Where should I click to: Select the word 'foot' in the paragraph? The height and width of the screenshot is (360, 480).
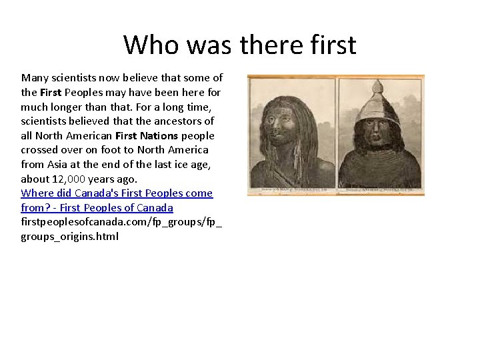(112, 150)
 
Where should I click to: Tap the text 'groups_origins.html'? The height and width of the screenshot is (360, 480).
(69, 237)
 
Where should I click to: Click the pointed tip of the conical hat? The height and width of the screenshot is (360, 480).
(379, 84)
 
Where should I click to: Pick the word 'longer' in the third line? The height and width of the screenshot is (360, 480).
(68, 107)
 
